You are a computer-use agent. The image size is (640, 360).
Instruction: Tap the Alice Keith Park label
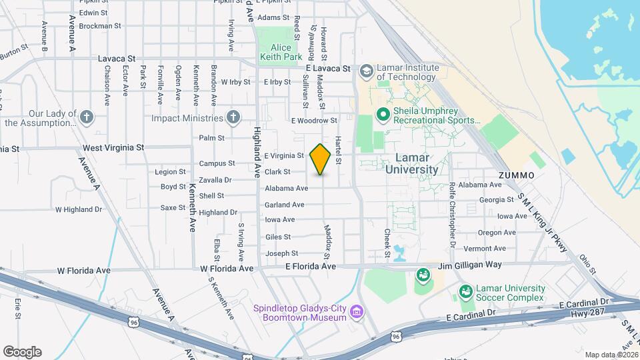click(286, 53)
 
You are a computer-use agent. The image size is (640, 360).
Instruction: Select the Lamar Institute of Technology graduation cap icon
click(366, 71)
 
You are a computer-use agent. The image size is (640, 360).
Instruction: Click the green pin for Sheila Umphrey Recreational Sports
click(383, 115)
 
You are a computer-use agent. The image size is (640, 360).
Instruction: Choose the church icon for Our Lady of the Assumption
click(86, 118)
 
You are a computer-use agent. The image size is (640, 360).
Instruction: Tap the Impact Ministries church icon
click(232, 118)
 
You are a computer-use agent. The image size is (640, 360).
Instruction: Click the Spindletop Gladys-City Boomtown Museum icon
click(357, 311)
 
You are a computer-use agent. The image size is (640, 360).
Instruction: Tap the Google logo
click(22, 351)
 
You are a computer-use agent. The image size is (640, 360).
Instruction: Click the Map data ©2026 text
click(611, 354)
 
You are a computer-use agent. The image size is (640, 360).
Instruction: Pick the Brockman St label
click(99, 26)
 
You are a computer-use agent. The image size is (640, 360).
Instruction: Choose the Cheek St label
click(387, 243)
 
